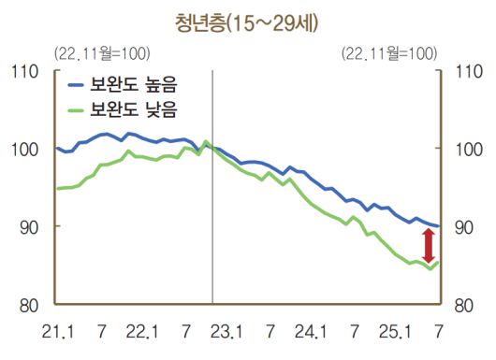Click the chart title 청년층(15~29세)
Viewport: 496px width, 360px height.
click(x=247, y=20)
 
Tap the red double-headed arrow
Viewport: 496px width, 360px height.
click(x=429, y=245)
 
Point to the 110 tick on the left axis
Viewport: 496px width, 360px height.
click(x=25, y=71)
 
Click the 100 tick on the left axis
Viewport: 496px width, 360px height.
click(x=25, y=149)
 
